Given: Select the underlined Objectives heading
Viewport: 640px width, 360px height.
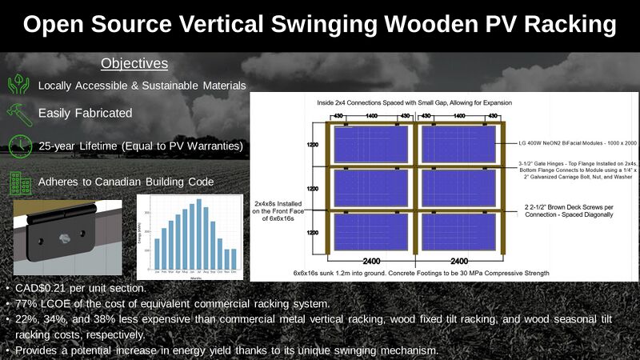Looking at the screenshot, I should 134,63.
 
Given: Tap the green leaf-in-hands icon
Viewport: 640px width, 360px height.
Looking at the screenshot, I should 18,85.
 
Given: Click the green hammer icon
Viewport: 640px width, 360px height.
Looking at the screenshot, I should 18,114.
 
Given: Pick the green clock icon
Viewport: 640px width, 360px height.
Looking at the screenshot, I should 18,146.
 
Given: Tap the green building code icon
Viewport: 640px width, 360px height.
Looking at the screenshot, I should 18,182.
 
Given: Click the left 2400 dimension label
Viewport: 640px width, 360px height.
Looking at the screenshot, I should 370,260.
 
